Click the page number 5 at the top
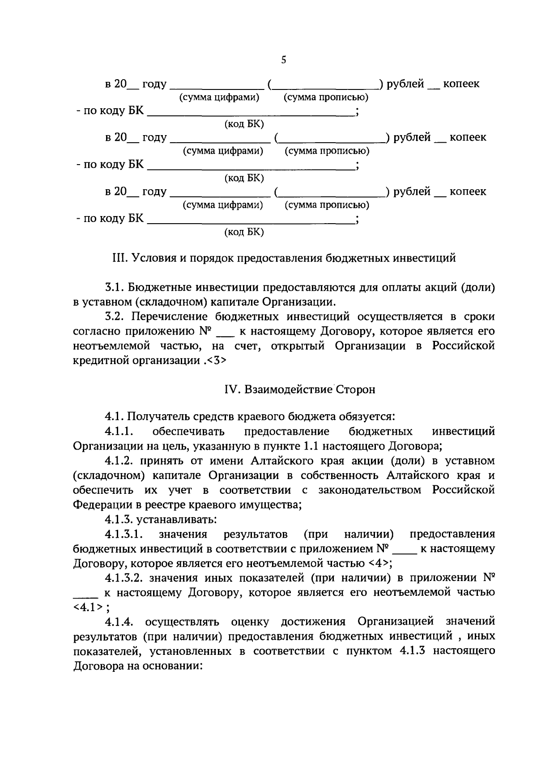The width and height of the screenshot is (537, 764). [x=283, y=60]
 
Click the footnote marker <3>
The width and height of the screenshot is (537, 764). [x=217, y=361]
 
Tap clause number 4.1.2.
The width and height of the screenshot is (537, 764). [x=119, y=461]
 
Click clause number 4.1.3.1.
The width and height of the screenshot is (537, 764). [x=124, y=534]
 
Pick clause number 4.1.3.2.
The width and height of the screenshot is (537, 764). [x=124, y=578]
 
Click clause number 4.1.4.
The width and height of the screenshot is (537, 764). [x=119, y=622]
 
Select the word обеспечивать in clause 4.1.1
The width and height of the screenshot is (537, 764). [x=188, y=432]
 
